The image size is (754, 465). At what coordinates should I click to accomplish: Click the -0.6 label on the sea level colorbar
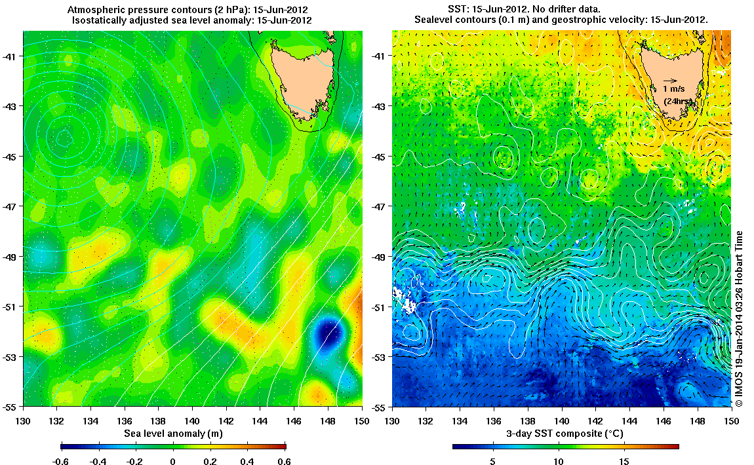click(x=60, y=462)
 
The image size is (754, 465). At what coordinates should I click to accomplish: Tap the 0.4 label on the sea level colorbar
click(x=248, y=462)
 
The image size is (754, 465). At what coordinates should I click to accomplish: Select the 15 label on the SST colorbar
click(x=624, y=462)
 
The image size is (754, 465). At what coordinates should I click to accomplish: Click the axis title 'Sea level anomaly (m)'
click(x=172, y=434)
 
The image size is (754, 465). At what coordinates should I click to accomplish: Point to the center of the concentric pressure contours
click(x=64, y=138)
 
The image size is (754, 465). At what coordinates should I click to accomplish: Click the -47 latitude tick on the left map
click(x=11, y=206)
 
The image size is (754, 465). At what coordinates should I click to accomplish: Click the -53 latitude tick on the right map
click(x=380, y=356)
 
